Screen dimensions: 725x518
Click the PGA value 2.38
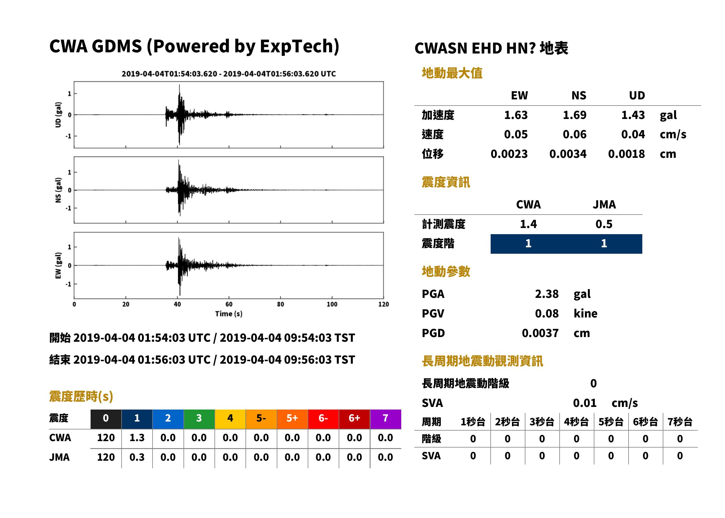click(x=546, y=294)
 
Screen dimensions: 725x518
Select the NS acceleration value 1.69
click(x=574, y=115)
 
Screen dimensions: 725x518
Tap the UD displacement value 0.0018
click(x=626, y=154)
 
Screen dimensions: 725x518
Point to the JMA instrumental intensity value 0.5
click(x=604, y=224)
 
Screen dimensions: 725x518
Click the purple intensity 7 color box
click(x=385, y=419)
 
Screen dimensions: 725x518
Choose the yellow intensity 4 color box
click(x=230, y=419)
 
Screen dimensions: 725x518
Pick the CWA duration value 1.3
click(x=137, y=438)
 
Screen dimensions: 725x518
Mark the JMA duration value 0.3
click(x=137, y=457)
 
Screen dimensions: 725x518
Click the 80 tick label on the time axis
click(x=281, y=304)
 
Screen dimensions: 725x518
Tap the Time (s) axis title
click(x=229, y=314)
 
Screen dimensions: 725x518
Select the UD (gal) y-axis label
click(x=58, y=115)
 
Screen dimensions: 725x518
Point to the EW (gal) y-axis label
click(x=58, y=265)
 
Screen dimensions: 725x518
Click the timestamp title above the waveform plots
click(x=229, y=74)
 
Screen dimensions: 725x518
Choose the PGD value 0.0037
click(x=540, y=333)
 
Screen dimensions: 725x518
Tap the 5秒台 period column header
click(x=611, y=422)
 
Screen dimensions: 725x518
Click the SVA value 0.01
click(x=585, y=403)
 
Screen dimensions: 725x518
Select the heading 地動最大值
click(x=452, y=73)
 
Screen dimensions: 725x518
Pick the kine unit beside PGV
click(x=585, y=313)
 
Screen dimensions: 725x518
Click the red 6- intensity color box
click(x=323, y=419)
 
